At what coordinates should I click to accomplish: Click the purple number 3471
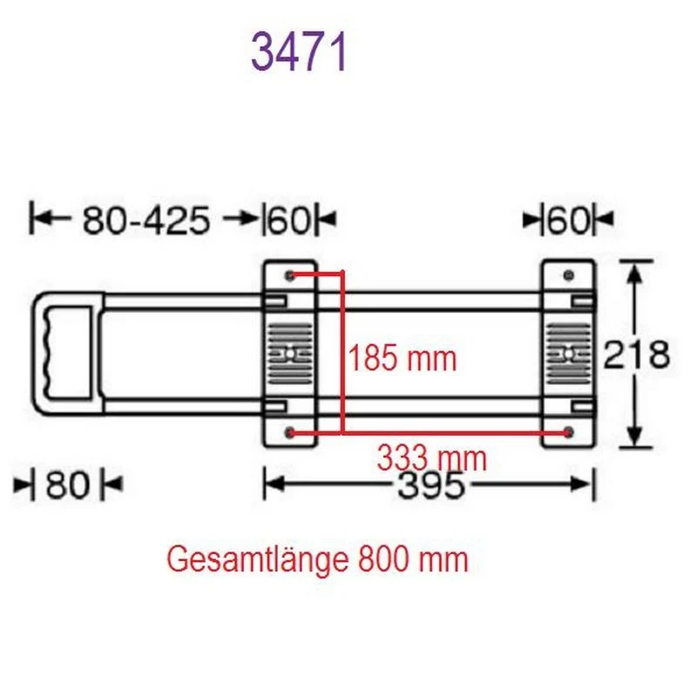(x=299, y=52)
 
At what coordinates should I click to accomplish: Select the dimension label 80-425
(x=145, y=220)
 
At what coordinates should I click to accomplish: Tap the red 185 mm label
(x=403, y=358)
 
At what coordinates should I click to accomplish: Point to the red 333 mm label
(x=431, y=458)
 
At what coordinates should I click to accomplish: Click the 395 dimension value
(x=430, y=484)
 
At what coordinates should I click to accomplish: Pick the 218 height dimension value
(x=636, y=355)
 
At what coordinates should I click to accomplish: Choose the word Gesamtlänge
(x=257, y=560)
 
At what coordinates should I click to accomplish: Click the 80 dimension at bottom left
(x=68, y=484)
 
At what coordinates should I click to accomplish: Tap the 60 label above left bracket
(x=289, y=220)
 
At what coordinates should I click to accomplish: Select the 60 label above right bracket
(x=569, y=220)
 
